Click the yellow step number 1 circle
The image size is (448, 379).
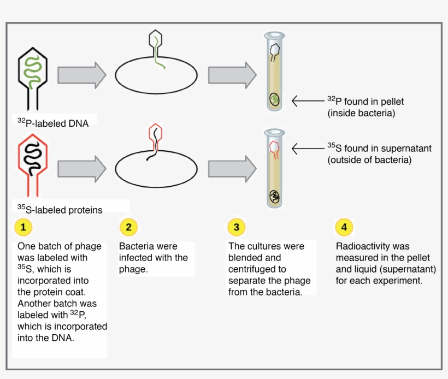23,227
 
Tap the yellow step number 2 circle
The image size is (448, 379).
128,227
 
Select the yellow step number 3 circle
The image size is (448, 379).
236,227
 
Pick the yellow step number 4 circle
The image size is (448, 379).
344,227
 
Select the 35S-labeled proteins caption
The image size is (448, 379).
60,209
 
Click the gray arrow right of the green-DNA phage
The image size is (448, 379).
82,75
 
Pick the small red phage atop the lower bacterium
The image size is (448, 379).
156,135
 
